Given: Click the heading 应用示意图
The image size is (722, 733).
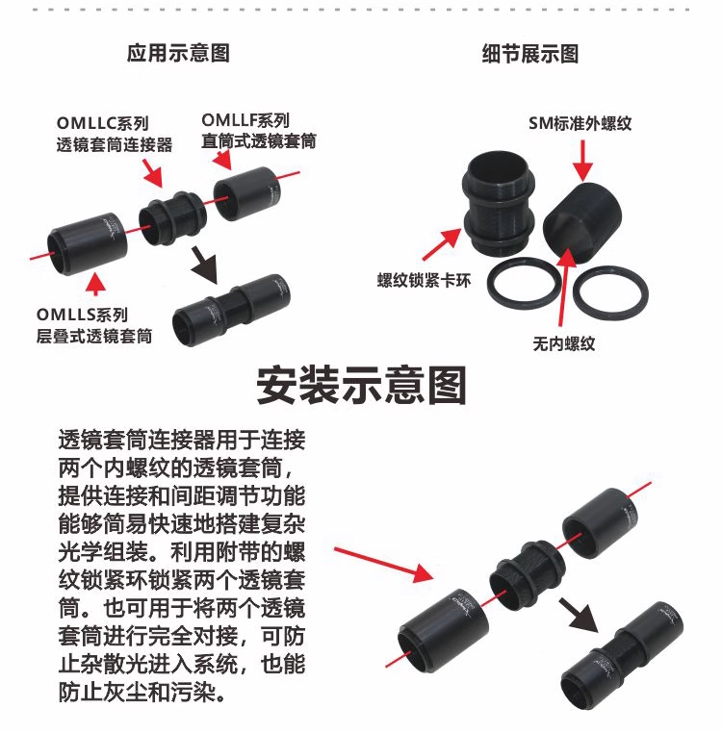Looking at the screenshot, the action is [x=178, y=53].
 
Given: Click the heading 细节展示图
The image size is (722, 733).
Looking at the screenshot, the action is [x=530, y=54].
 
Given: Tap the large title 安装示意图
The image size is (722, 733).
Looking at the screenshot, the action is [x=362, y=385].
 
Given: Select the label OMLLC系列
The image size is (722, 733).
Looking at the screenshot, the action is [x=102, y=123].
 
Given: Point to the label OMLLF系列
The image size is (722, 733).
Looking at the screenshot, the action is [x=245, y=120].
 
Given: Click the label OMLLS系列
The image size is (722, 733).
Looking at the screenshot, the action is [x=82, y=315].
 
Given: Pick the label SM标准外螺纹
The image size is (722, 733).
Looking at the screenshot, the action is [x=580, y=123].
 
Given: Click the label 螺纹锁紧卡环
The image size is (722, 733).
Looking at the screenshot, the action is [x=424, y=281].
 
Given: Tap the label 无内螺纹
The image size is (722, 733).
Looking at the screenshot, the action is [x=564, y=343].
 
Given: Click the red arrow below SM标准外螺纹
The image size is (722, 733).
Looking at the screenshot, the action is [x=582, y=161].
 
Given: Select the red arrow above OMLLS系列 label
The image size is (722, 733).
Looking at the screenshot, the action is [x=96, y=283].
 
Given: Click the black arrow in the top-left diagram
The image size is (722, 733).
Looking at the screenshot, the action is [x=204, y=265].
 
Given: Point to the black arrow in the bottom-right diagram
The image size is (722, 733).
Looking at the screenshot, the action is [x=579, y=616].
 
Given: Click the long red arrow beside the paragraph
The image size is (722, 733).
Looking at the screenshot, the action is [x=384, y=565].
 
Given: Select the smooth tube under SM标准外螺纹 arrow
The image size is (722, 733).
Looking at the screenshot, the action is [x=582, y=223].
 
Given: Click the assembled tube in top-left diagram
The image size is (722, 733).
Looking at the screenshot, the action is [x=231, y=309].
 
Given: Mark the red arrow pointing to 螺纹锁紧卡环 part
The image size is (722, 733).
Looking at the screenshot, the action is [x=442, y=243].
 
